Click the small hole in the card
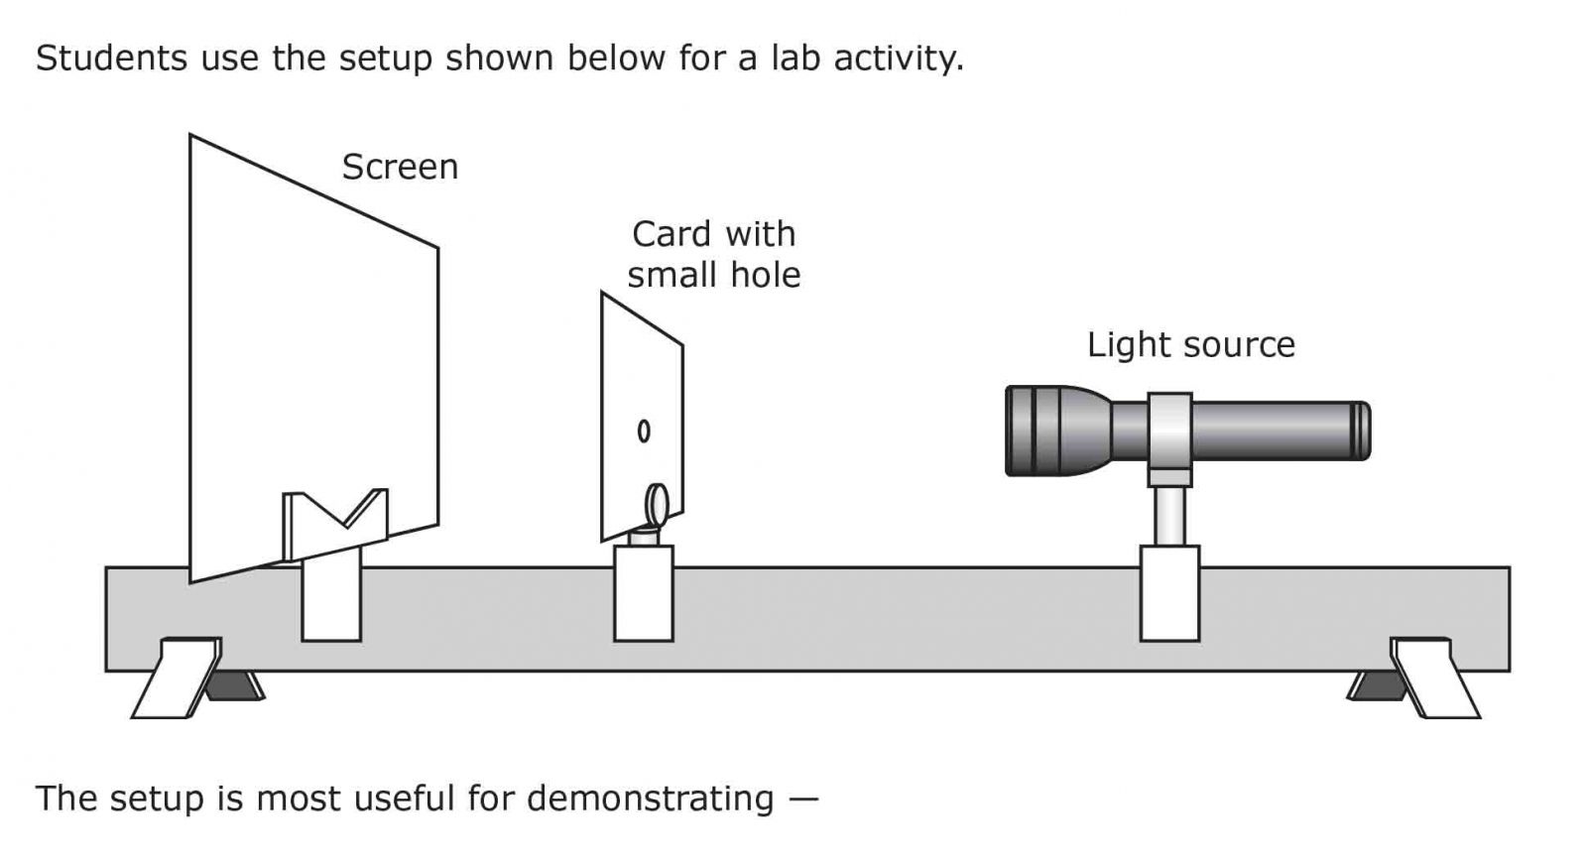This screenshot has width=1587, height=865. [x=644, y=431]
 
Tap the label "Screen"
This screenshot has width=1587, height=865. [x=400, y=167]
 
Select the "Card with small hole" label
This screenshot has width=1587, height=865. [x=714, y=254]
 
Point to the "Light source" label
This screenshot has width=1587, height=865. [x=1190, y=344]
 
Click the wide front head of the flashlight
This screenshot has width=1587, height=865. [x=1051, y=431]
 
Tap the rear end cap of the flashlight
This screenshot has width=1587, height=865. [x=1361, y=431]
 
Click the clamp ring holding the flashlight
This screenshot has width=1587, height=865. [x=1169, y=432]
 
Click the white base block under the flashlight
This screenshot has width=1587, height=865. [x=1169, y=592]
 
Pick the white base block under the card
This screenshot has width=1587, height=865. [x=644, y=592]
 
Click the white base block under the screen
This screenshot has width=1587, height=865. [x=331, y=600]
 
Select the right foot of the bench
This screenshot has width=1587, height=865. [x=1433, y=678]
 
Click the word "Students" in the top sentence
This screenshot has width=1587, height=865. [x=112, y=59]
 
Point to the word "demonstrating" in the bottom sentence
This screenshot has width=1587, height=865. [x=650, y=799]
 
